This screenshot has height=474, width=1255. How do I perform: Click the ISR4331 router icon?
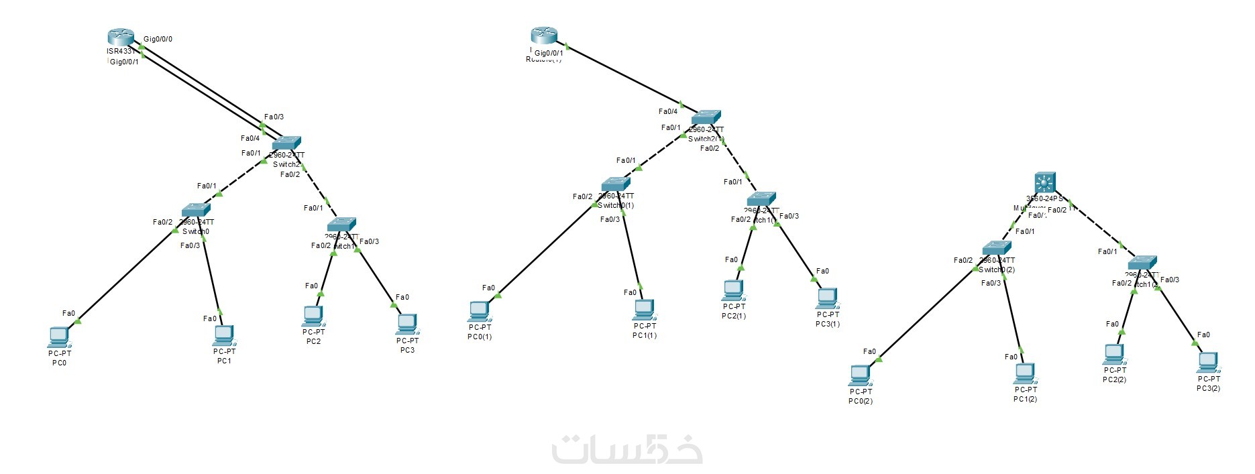pos(121,38)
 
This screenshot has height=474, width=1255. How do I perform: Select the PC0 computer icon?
pos(59,336)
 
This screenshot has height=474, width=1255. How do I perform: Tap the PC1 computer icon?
pos(223,335)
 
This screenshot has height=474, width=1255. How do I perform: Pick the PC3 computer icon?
pos(406,324)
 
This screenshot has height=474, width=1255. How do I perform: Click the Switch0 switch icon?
pos(196,210)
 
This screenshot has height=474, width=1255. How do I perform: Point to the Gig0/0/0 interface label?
pos(158,39)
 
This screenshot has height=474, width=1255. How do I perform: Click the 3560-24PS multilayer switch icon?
pos(1045,182)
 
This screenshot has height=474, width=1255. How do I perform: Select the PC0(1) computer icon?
pos(479,311)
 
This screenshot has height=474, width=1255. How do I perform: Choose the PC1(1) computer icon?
pos(644,310)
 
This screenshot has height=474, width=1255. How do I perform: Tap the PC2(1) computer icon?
pos(733,290)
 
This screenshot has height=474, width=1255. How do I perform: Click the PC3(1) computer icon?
pos(827,298)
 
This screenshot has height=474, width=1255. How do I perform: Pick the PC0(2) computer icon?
pos(860,375)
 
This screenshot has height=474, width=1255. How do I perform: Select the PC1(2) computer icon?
pos(1025,373)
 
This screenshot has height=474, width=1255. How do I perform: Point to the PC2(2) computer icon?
pos(1114,354)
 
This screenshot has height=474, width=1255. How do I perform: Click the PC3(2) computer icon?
pos(1208,363)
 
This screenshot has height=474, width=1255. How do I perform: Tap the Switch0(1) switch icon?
pos(616,184)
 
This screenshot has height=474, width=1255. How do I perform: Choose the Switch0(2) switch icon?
pos(997,248)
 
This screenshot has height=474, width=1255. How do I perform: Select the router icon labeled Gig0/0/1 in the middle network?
pos(544,35)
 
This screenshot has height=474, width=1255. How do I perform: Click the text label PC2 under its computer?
pos(313,341)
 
